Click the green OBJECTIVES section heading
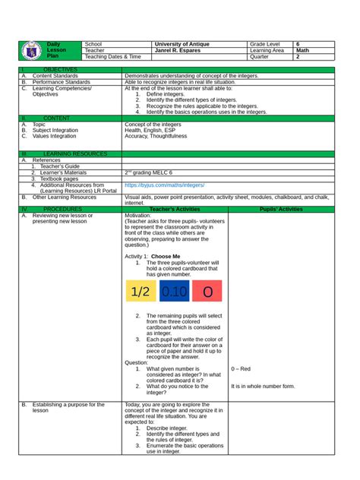pyautogui.click(x=46, y=70)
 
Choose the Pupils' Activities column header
pyautogui.click(x=280, y=207)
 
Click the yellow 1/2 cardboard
pyautogui.click(x=140, y=292)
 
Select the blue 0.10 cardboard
pyautogui.click(x=174, y=292)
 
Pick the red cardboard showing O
pyautogui.click(x=207, y=292)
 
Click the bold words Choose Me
pyautogui.click(x=166, y=257)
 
